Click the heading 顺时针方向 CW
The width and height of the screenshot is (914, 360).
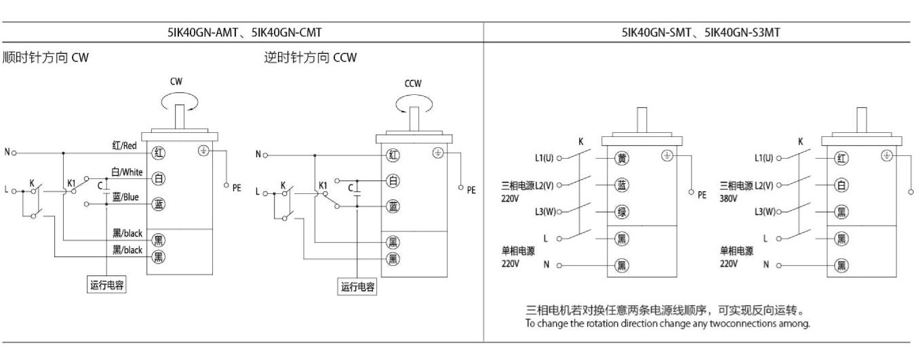[x=45, y=58]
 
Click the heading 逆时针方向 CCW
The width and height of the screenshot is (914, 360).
[x=310, y=58]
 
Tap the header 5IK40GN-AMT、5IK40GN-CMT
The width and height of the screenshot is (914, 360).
[x=245, y=31]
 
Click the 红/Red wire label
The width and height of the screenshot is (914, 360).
[x=125, y=145]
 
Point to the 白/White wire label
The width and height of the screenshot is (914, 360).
[x=127, y=172]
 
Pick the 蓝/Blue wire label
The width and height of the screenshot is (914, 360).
[x=127, y=197]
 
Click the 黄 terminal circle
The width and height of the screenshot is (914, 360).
[x=621, y=159]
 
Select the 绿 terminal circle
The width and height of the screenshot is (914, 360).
[x=621, y=212]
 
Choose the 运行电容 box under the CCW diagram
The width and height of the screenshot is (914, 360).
[x=358, y=287]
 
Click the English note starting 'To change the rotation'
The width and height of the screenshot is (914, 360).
[x=667, y=323]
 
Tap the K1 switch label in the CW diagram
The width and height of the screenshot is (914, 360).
[x=71, y=183]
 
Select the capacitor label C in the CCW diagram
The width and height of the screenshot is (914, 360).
[x=350, y=187]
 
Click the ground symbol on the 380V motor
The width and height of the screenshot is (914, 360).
[x=886, y=155]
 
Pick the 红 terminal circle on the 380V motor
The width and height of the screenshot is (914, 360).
[x=841, y=159]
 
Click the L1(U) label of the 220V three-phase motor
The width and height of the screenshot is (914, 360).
[x=544, y=159]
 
